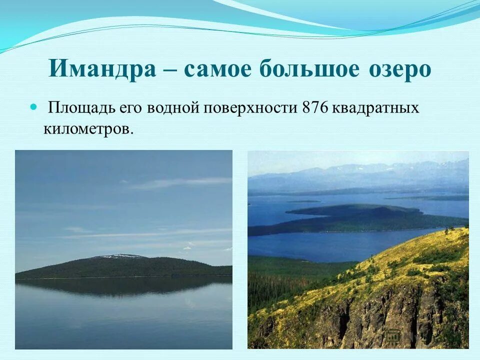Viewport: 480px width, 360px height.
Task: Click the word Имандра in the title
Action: point(102,69)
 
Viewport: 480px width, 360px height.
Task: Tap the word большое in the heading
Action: point(309,69)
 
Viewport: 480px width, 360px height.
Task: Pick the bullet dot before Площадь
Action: point(33,107)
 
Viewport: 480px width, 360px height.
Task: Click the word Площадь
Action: point(82,108)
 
